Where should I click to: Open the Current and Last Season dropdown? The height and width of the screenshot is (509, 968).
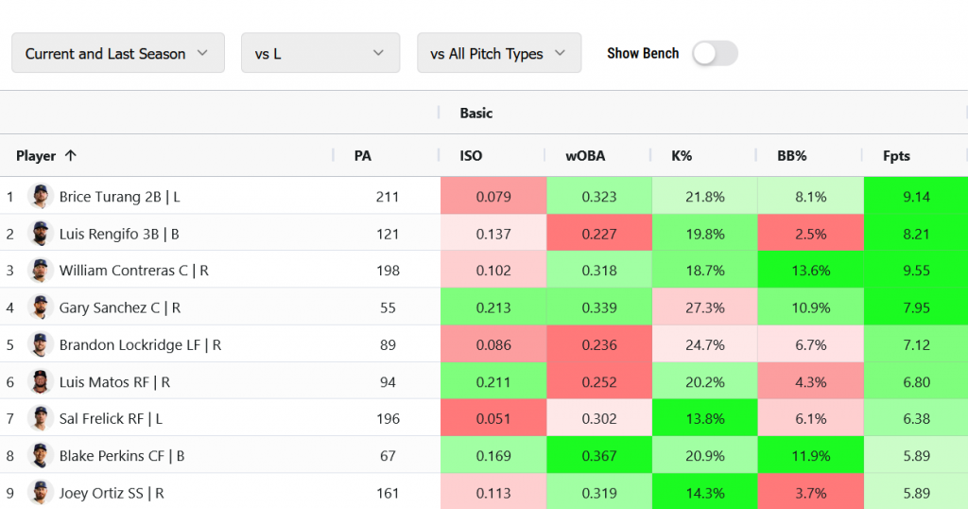(117, 54)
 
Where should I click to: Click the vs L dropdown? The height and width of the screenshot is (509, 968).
(320, 54)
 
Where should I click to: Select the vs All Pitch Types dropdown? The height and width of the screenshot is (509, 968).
(498, 54)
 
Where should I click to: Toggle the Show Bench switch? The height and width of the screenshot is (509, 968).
(714, 54)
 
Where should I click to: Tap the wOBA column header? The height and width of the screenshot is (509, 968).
(585, 156)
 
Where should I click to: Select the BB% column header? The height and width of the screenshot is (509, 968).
(791, 156)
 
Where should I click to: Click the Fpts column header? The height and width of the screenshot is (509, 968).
(896, 156)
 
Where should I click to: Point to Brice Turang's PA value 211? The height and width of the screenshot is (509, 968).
(387, 197)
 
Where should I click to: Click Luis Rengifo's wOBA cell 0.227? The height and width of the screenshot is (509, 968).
(599, 234)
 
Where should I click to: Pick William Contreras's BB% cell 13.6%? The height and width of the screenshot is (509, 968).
(810, 271)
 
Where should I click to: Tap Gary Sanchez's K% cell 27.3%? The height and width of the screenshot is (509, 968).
(704, 307)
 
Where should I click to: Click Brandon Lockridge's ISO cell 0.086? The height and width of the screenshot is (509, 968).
(493, 344)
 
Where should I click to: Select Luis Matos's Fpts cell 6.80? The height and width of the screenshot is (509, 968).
(915, 382)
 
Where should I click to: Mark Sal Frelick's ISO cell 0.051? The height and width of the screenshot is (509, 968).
(493, 418)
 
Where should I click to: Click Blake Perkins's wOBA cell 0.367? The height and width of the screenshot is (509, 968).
(599, 456)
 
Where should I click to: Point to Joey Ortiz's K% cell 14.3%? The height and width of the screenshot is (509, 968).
(704, 493)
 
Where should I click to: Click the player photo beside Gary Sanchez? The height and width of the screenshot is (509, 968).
(40, 307)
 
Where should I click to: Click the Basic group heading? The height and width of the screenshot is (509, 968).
(476, 114)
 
